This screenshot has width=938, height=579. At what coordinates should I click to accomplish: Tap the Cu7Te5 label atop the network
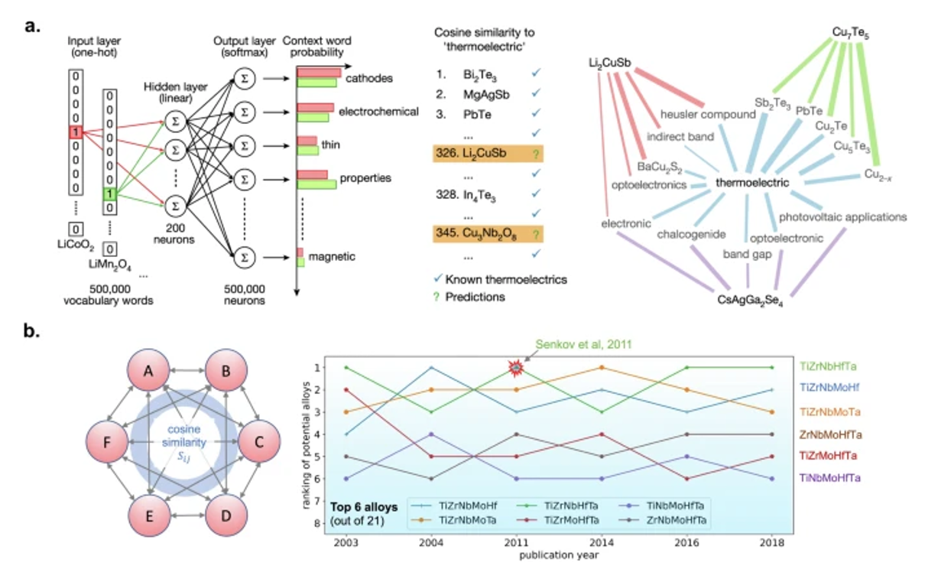pos(850,34)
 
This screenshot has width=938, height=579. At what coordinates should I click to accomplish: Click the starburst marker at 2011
pos(518,368)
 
